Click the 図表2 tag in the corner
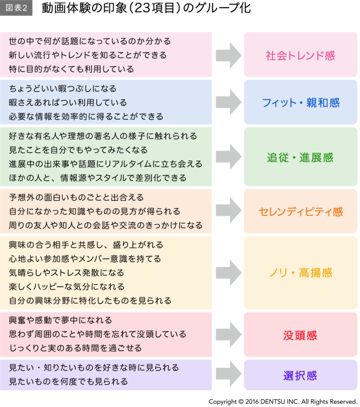tap(16, 8)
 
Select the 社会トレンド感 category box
tap(300, 55)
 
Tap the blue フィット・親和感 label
tap(300, 102)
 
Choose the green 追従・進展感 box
tap(300, 158)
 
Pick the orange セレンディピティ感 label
tap(300, 211)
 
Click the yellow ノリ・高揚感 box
tap(300, 273)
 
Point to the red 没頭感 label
tap(300, 335)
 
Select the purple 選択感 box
tap(300, 375)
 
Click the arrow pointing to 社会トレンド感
tap(228, 55)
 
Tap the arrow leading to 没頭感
tap(228, 335)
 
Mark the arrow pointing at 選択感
tap(228, 375)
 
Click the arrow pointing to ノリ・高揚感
tap(228, 273)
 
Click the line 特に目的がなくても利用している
tap(72, 69)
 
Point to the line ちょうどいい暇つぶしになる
tap(63, 89)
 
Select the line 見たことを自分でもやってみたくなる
tap(78, 150)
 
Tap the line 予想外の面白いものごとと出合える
tap(76, 198)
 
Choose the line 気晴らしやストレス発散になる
tap(67, 272)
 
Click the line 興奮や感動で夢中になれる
tap(61, 320)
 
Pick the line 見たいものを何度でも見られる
tap(68, 381)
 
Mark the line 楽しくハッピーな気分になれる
tap(67, 287)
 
